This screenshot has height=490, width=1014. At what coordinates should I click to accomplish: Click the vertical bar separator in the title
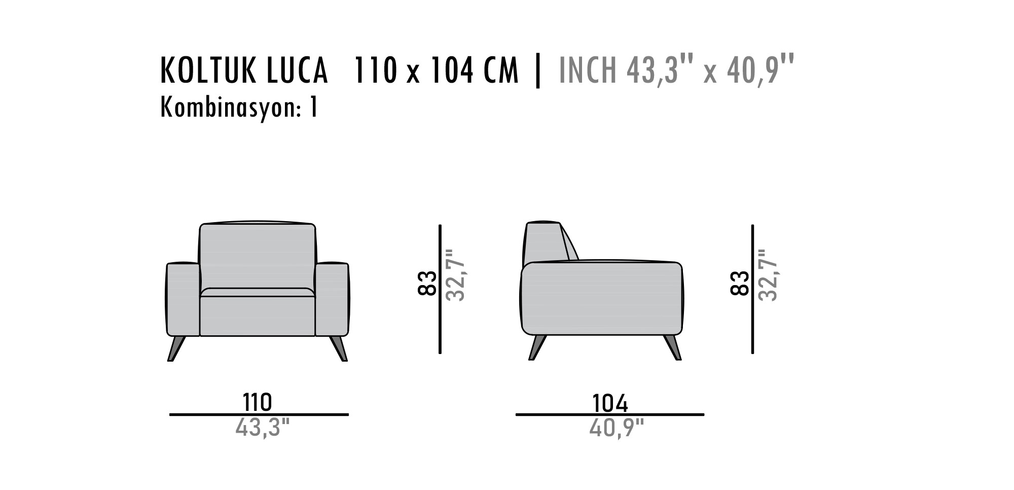click(538, 71)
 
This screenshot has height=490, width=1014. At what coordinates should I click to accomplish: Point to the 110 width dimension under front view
click(258, 402)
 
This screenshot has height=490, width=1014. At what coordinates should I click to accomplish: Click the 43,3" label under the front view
click(262, 428)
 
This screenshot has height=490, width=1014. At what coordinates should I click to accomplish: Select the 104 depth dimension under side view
click(610, 403)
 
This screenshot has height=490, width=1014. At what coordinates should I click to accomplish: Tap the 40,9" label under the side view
click(616, 428)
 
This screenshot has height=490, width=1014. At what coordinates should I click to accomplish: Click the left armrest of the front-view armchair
click(183, 299)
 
